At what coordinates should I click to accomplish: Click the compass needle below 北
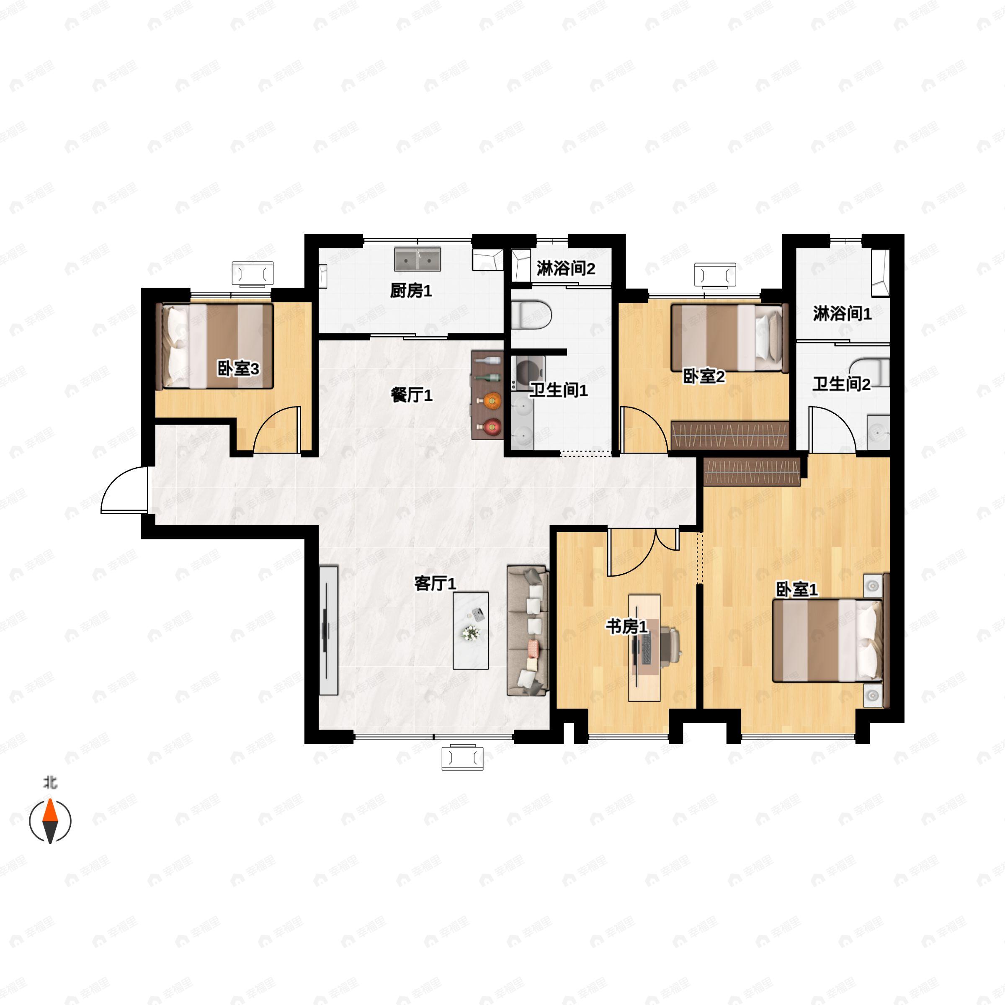pyautogui.click(x=50, y=820)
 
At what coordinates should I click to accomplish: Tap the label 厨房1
pyautogui.click(x=411, y=291)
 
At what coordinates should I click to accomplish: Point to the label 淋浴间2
pyautogui.click(x=566, y=268)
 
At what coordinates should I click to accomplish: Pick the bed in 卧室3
pyautogui.click(x=215, y=346)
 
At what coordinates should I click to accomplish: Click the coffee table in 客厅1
pyautogui.click(x=471, y=631)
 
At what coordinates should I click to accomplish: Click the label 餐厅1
pyautogui.click(x=412, y=395)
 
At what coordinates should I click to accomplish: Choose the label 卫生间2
pyautogui.click(x=841, y=384)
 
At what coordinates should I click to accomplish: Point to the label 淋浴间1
pyautogui.click(x=842, y=313)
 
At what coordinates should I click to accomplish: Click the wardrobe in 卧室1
pyautogui.click(x=752, y=471)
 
